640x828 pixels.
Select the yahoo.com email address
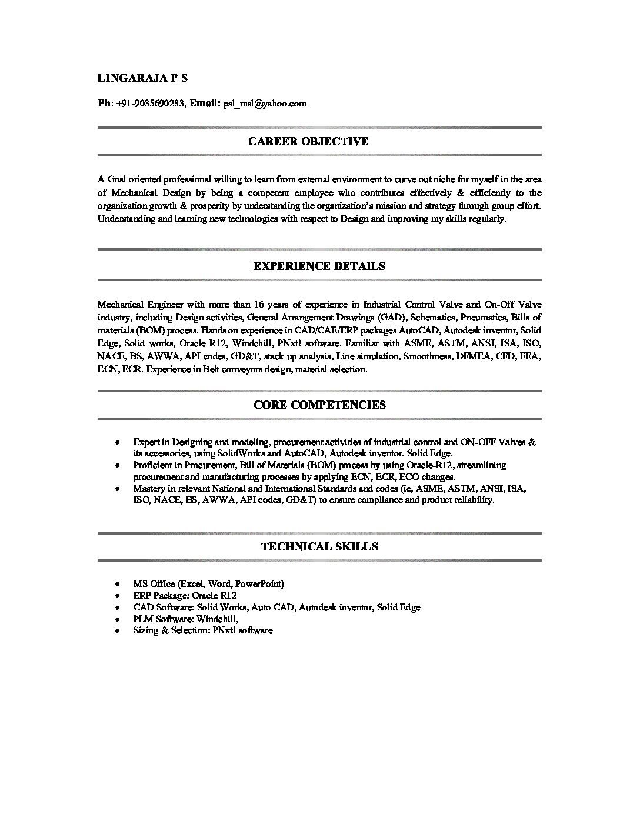[x=264, y=103]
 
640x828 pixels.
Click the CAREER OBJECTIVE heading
[x=308, y=141]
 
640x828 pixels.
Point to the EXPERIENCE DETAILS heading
[x=319, y=266]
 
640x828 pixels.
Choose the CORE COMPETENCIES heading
[x=319, y=405]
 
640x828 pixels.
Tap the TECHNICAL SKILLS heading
[x=319, y=546]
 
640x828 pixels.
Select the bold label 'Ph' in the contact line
[x=104, y=103]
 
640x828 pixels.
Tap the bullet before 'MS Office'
[x=118, y=584]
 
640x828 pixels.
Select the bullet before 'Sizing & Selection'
[x=118, y=630]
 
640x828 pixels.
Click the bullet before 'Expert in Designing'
[x=118, y=442]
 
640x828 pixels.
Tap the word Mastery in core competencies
[x=149, y=489]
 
